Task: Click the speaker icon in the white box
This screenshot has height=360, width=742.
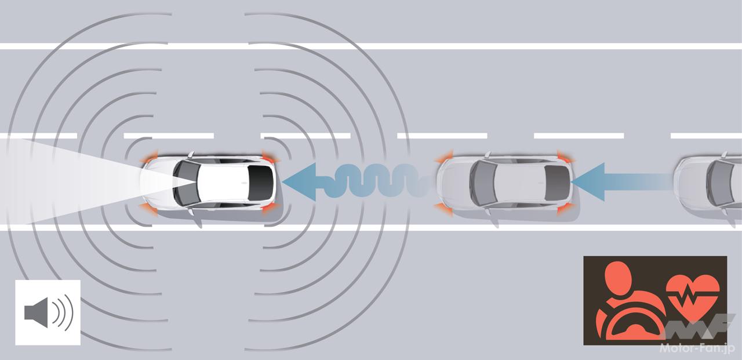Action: (x=48, y=312)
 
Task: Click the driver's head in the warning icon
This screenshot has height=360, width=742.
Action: (x=617, y=278)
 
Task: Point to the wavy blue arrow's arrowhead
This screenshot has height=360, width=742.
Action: (x=299, y=182)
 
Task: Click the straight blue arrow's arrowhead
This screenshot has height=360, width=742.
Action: (x=588, y=182)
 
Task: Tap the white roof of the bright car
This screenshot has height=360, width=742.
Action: (x=223, y=183)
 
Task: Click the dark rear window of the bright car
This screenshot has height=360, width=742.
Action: (x=260, y=183)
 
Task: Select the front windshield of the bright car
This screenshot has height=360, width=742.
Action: (x=186, y=183)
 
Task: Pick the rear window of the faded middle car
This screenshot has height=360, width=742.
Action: (x=557, y=183)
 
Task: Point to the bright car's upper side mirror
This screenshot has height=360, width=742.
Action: (x=191, y=154)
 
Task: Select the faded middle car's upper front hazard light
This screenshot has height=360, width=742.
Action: (x=444, y=157)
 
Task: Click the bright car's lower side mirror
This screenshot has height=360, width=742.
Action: (x=191, y=211)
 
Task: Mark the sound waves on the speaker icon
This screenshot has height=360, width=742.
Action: (x=63, y=312)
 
